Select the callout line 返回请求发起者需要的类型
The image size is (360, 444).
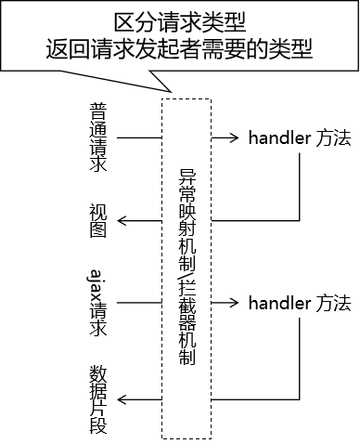click(x=181, y=48)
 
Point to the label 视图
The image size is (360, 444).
click(x=98, y=219)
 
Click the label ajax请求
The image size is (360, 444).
click(x=98, y=303)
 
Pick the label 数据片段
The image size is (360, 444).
click(x=98, y=400)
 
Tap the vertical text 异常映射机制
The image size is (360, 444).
click(x=186, y=206)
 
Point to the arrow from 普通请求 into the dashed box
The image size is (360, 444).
click(x=139, y=138)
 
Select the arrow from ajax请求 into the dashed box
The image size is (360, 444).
click(x=139, y=303)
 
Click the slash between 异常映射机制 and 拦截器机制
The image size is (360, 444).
click(x=186, y=267)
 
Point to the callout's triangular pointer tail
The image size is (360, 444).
click(x=167, y=82)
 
